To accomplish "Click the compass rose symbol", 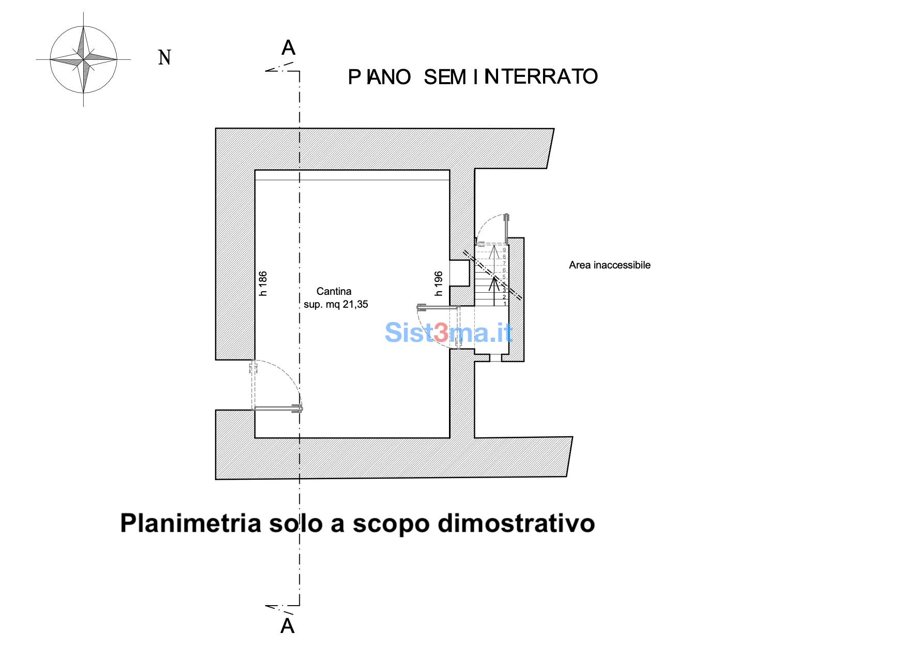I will (83, 60).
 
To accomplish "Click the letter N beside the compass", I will (164, 57).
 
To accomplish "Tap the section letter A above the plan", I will (288, 48).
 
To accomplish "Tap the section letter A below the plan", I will (287, 626).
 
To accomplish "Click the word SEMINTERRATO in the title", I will (510, 77).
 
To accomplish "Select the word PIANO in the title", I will (379, 77).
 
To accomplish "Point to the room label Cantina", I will (334, 291).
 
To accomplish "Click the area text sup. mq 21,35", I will (336, 304).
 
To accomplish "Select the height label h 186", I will (263, 283).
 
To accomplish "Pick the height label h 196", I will (439, 283).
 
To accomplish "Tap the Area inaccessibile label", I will (609, 265).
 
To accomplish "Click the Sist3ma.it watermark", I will (448, 332).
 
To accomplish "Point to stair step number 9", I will (504, 250).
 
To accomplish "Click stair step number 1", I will (505, 304).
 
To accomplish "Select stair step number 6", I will (504, 270).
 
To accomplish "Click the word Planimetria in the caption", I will (191, 523).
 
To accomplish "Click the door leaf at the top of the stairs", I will (507, 226).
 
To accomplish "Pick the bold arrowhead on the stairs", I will (494, 281).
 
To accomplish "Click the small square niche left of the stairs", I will (459, 272).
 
